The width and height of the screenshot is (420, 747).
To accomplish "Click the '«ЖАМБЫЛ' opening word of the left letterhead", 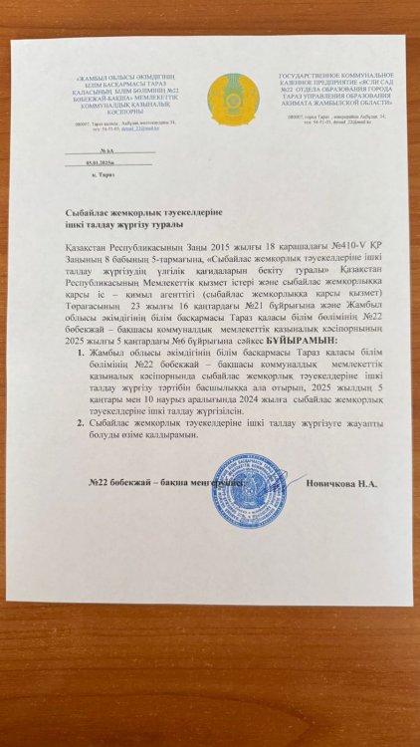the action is coord(91,77).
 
